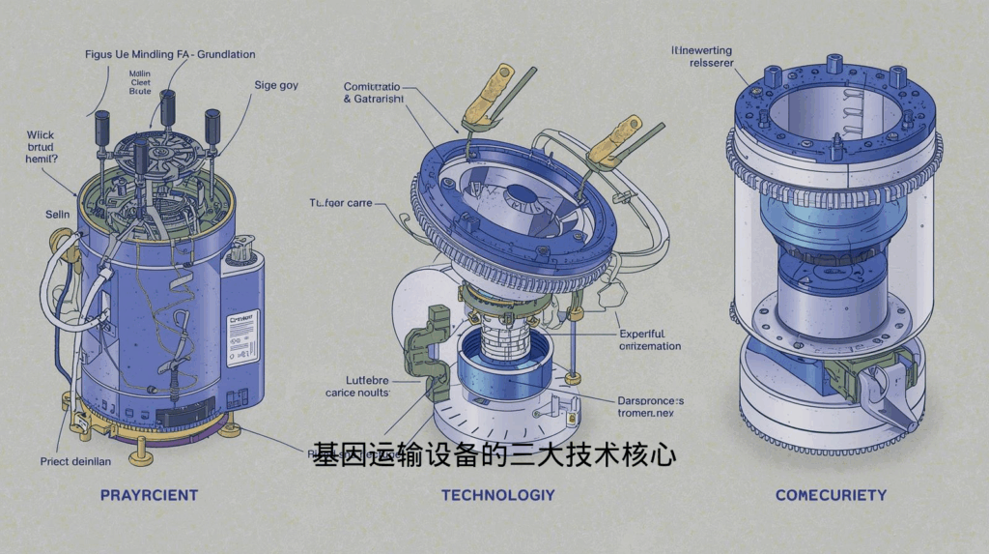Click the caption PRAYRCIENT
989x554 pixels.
(x=149, y=495)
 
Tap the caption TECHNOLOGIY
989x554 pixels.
(x=497, y=495)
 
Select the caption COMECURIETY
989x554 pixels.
(x=831, y=495)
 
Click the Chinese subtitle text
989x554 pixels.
(x=494, y=455)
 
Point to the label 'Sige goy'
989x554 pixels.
(x=276, y=85)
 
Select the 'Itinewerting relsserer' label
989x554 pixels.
(x=702, y=56)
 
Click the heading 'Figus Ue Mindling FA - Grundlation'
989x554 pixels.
(x=170, y=55)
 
